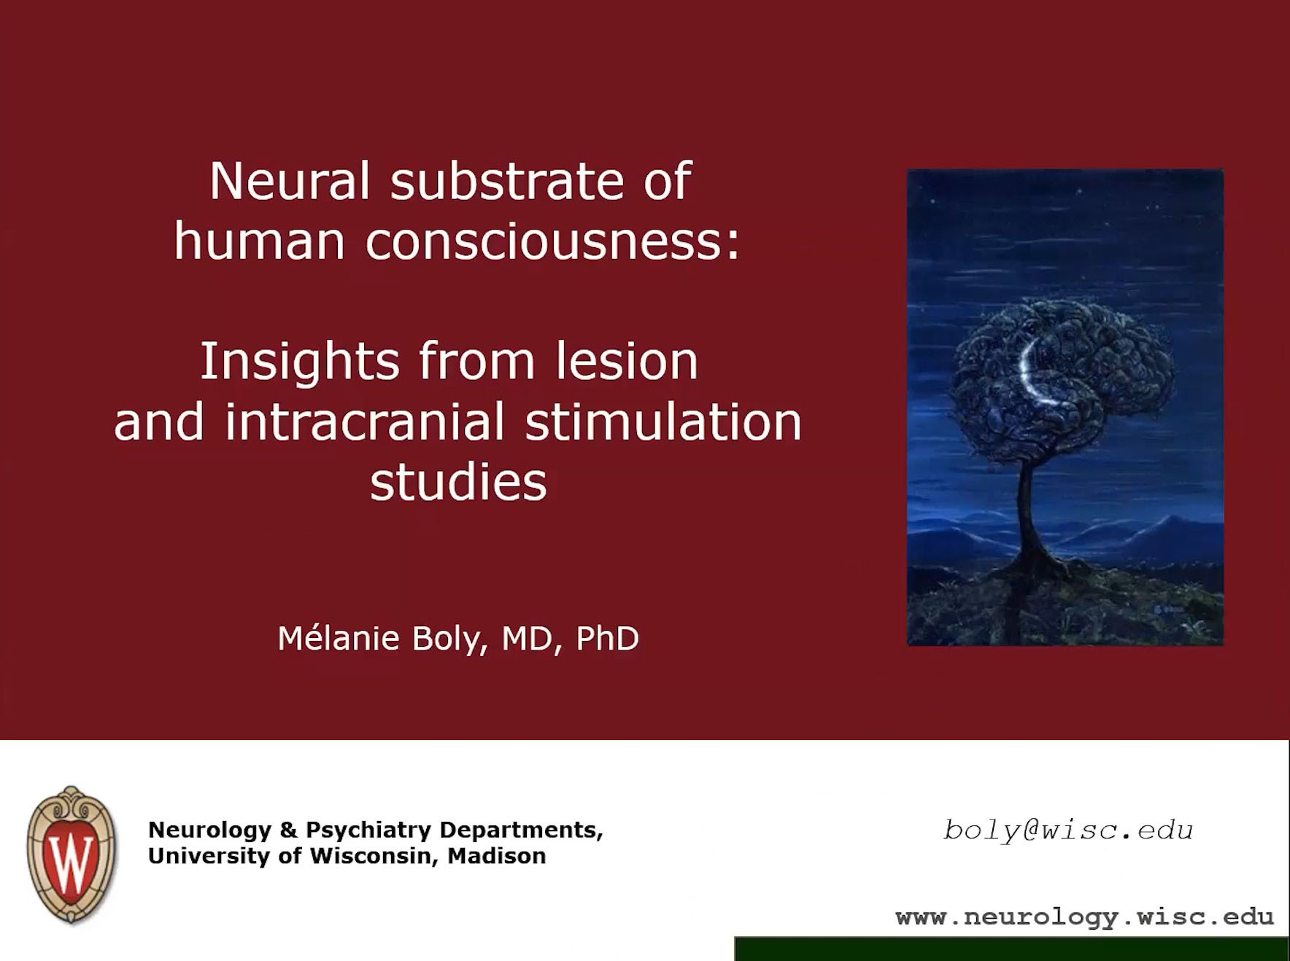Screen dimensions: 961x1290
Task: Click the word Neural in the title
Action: pos(289,181)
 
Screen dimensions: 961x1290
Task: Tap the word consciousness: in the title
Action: pos(552,241)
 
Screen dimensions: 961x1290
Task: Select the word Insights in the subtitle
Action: pos(300,362)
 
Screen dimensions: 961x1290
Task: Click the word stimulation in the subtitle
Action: pos(663,422)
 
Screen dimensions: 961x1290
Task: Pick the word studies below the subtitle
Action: pos(458,482)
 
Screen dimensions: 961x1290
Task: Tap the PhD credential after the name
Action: pos(607,639)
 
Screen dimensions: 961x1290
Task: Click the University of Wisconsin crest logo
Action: pos(71,854)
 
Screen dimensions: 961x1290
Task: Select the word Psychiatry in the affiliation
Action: pos(368,830)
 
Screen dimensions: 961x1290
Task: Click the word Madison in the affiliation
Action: pos(496,856)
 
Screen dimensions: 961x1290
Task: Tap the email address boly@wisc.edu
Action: pos(1067,830)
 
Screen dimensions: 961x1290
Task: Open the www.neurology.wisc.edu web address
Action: pos(1084,917)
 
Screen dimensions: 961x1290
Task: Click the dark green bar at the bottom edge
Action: pos(1011,949)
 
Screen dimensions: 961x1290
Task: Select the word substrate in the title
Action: pos(506,181)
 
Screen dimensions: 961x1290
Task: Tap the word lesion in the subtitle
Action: pos(626,362)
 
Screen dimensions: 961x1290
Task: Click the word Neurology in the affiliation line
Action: pos(209,830)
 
